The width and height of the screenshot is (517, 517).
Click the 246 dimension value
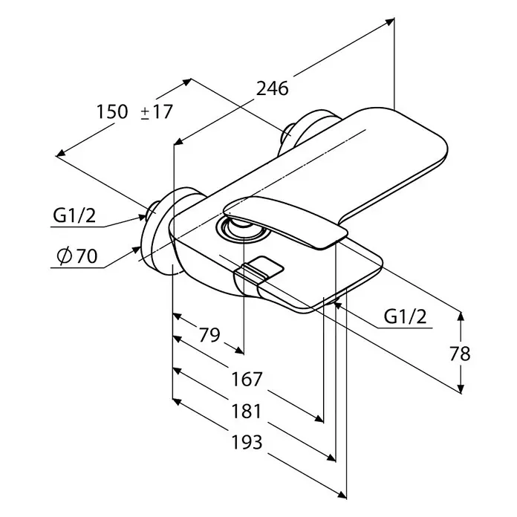click(273, 88)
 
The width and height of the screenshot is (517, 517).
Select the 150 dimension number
click(111, 111)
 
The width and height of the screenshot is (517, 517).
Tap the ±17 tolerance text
click(156, 111)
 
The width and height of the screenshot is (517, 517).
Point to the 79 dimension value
click(209, 335)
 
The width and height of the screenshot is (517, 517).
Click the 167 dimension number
click(247, 379)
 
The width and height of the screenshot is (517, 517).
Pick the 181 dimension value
click(247, 412)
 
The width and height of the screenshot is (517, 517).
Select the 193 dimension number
click(247, 442)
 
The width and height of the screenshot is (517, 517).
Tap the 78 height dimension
click(460, 354)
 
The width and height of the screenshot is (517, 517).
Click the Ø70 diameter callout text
click(77, 256)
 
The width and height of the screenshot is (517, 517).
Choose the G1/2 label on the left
click(74, 215)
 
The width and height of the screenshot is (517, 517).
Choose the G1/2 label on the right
click(405, 317)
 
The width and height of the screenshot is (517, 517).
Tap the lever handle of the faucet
click(285, 221)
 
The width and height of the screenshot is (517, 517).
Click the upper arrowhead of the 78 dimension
click(461, 316)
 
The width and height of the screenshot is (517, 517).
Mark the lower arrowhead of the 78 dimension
click(461, 389)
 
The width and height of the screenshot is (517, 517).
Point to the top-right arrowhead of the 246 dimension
click(390, 22)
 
